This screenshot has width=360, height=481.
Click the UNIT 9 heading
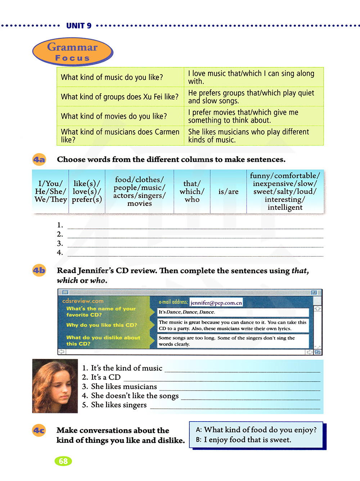(79, 26)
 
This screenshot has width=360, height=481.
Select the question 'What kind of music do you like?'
(112, 77)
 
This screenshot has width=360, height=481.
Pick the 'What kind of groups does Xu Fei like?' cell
(120, 97)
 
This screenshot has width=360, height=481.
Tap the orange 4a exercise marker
(39, 159)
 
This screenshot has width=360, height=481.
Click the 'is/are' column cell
(228, 192)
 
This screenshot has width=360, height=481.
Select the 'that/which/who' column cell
(192, 192)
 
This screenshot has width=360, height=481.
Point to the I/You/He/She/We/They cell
(51, 192)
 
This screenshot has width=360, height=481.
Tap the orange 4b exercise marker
(39, 270)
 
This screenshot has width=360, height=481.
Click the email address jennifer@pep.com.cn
(216, 303)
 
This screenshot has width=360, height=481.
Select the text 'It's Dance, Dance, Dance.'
(187, 312)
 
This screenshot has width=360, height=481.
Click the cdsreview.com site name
(83, 301)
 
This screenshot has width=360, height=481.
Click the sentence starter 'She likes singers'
(119, 405)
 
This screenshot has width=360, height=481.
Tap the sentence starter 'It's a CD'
(105, 377)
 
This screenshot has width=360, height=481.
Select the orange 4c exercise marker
(39, 430)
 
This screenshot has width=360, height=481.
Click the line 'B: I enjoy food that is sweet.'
(243, 440)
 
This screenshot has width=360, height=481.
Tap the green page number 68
(63, 461)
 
